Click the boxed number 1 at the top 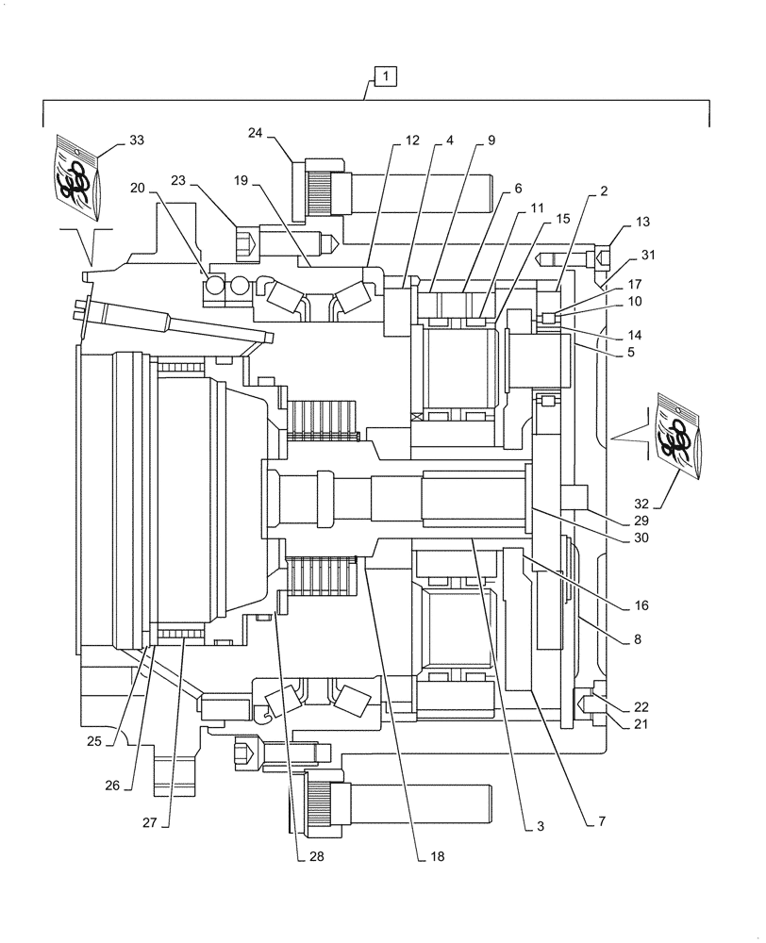click(387, 75)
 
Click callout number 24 click(256, 132)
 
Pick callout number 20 click(138, 188)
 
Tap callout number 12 click(412, 140)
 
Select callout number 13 click(643, 222)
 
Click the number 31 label click(647, 255)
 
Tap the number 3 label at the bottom click(540, 826)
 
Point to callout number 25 click(93, 741)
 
